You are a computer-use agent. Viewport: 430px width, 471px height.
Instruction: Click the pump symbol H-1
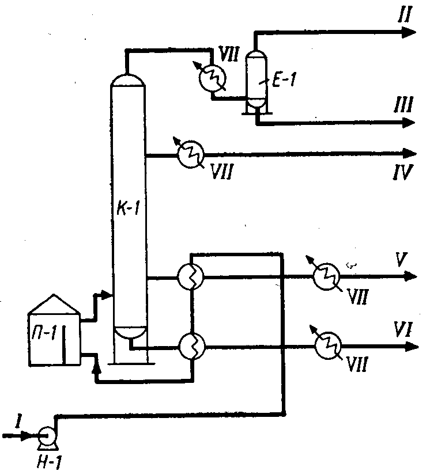pyautogui.click(x=46, y=436)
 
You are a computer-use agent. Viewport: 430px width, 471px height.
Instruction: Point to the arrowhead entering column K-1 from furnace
pyautogui.click(x=106, y=295)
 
